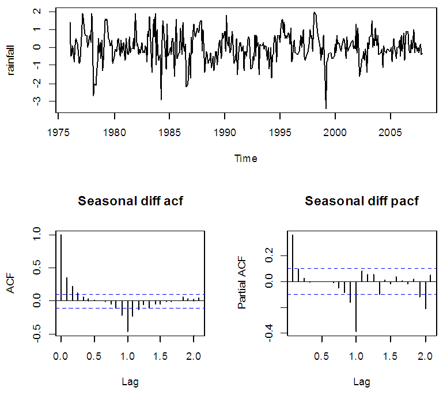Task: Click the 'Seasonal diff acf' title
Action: (130, 201)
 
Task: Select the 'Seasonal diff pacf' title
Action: (362, 201)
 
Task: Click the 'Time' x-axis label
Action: (246, 159)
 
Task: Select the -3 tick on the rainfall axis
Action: (36, 101)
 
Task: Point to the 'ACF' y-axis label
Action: (10, 284)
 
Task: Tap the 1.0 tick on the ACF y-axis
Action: (36, 235)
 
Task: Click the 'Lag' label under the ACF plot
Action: (130, 381)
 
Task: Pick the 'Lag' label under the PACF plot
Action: (362, 381)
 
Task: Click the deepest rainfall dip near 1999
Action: (326, 108)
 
